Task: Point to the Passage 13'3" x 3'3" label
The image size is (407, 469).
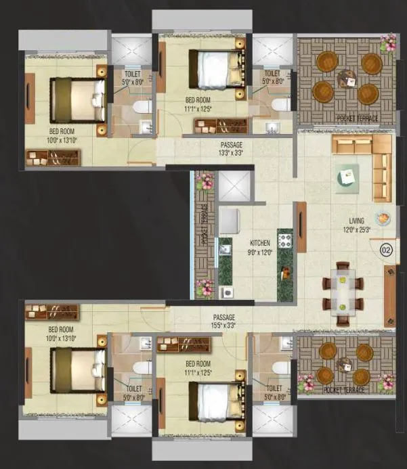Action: pyautogui.click(x=231, y=149)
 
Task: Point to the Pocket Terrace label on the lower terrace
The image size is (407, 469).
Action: pyautogui.click(x=343, y=390)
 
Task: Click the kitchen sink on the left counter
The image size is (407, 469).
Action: pyautogui.click(x=226, y=250)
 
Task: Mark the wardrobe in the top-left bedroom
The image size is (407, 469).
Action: pyautogui.click(x=53, y=158)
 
